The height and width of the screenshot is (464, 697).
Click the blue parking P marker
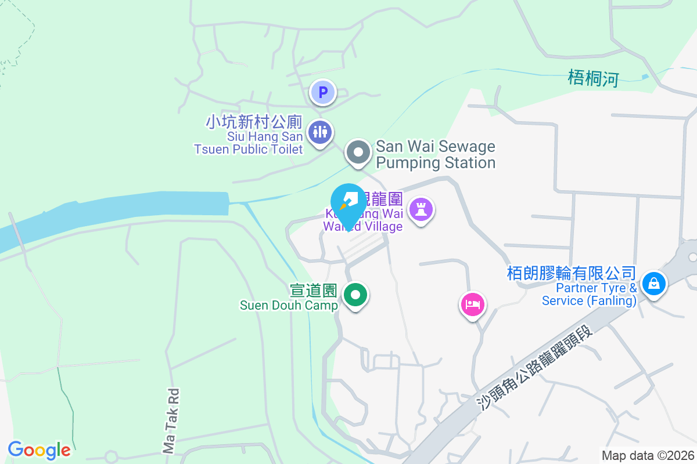coord(323,92)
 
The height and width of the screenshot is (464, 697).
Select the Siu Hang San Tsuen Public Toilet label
coord(249,143)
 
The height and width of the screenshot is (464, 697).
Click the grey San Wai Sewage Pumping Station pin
coord(358,153)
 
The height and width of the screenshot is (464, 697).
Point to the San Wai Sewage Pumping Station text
coord(436,154)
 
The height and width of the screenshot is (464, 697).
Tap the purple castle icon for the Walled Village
coord(421,209)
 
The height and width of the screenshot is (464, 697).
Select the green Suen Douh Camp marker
coord(355,295)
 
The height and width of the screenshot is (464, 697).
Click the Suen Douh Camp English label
coord(289,305)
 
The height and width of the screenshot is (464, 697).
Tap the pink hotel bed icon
coord(473,304)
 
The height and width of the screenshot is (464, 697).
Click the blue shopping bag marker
coord(654,284)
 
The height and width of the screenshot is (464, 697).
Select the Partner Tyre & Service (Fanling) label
coord(590,295)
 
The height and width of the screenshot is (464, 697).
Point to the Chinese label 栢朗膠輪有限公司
coord(572,273)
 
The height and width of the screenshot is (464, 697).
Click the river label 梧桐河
coord(594,78)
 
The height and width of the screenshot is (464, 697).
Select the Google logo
coord(39,449)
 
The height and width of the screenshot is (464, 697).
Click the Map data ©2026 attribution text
coord(648,455)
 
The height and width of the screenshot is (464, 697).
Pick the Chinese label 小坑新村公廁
coord(254,122)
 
